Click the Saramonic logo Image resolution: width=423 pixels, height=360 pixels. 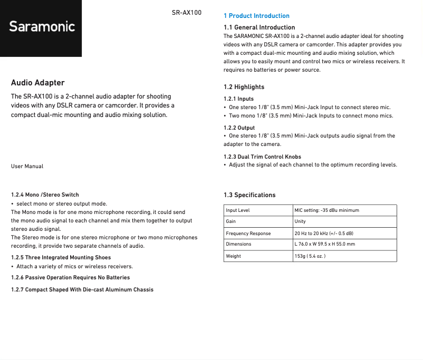click(x=42, y=27)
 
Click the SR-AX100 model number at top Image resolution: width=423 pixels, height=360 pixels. click(x=186, y=12)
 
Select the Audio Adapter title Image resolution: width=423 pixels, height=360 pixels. click(x=38, y=83)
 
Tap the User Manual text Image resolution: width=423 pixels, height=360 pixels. click(x=27, y=166)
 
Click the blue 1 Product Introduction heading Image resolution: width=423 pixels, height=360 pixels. click(x=256, y=16)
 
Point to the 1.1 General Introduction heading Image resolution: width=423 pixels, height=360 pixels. click(x=259, y=27)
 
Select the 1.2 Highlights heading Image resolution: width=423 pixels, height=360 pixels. click(x=244, y=87)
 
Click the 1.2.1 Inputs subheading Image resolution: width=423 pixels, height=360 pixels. click(x=238, y=99)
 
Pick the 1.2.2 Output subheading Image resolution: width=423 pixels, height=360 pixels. click(x=239, y=128)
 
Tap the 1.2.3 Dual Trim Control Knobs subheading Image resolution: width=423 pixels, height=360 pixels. click(x=262, y=157)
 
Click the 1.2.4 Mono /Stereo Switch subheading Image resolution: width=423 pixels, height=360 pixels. click(x=45, y=195)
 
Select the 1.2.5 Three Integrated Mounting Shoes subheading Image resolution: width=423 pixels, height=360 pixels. click(x=61, y=258)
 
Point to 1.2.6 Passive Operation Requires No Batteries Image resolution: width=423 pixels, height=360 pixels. click(x=70, y=277)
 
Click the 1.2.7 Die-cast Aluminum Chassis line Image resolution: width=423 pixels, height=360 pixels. click(x=82, y=289)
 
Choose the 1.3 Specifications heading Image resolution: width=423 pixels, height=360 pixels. click(x=249, y=195)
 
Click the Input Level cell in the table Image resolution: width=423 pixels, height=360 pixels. click(x=238, y=210)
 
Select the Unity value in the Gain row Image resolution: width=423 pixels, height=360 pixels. click(x=300, y=221)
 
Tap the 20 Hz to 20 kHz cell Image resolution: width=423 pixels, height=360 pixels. click(x=324, y=233)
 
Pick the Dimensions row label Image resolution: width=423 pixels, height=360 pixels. click(x=238, y=244)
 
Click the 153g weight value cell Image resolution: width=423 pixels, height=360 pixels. click(x=310, y=256)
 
